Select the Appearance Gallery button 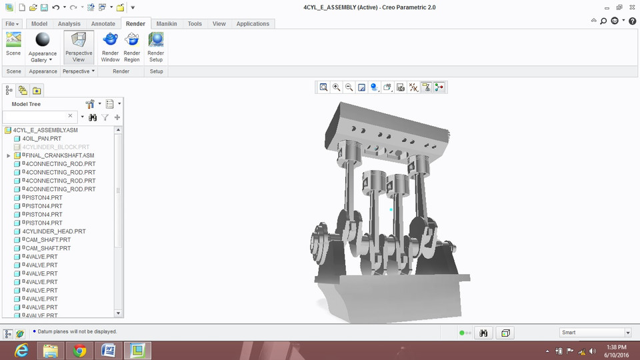43,47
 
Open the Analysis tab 69,23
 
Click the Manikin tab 167,23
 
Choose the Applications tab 253,23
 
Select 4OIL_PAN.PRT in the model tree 41,139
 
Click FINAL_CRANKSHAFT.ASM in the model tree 58,155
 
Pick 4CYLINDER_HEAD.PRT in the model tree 53,231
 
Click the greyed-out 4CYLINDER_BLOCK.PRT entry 55,147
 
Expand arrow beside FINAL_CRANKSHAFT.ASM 8,155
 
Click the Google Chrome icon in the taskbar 79,351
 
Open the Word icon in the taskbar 109,351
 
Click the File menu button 13,23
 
